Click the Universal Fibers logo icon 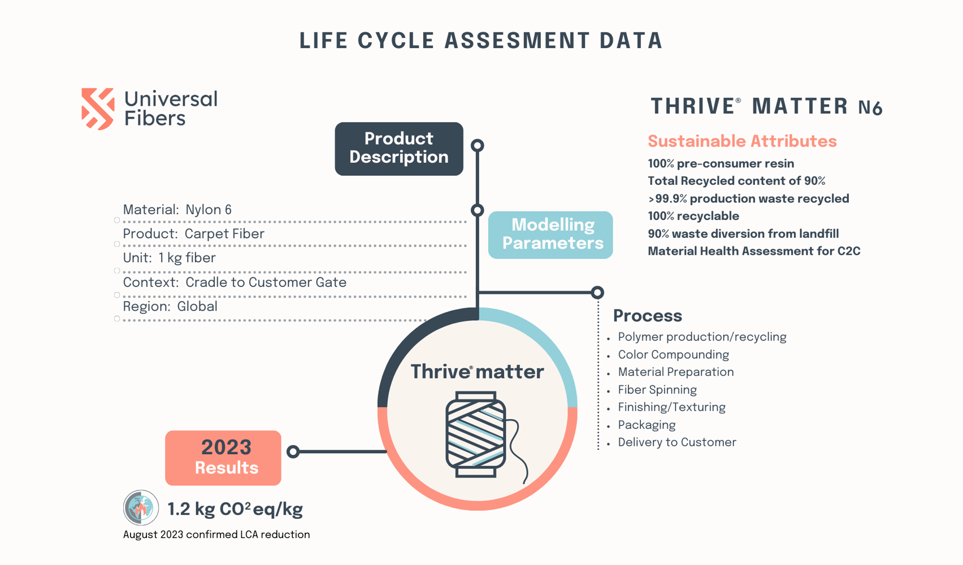click(98, 108)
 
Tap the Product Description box click(399, 149)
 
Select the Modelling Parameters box click(550, 234)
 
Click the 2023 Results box click(223, 458)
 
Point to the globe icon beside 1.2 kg click(141, 507)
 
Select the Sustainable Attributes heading click(742, 141)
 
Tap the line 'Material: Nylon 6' click(177, 210)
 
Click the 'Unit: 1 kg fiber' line click(170, 258)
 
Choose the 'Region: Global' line click(170, 307)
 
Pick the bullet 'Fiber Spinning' click(657, 390)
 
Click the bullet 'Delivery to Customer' click(676, 442)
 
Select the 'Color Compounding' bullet click(673, 355)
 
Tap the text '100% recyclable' click(693, 216)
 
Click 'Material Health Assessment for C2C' click(754, 251)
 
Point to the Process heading click(648, 316)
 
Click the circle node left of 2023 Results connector click(293, 451)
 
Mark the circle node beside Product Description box click(478, 145)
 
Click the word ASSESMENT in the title click(517, 41)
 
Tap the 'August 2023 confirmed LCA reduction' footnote click(216, 534)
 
